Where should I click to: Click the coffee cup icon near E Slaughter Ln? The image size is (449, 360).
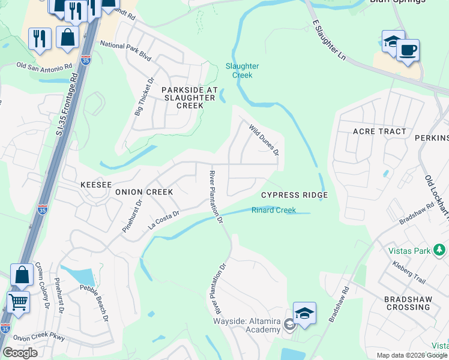tap(408, 50)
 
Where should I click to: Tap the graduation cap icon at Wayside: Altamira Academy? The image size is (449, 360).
tap(304, 313)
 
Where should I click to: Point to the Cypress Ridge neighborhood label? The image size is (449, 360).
tap(294, 196)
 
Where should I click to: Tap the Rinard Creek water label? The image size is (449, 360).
tap(274, 210)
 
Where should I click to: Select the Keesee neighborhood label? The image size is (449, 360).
tap(96, 185)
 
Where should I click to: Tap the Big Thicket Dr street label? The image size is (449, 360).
tap(144, 96)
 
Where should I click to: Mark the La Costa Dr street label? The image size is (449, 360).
tap(164, 220)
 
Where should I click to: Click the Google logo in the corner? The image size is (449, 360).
tap(20, 353)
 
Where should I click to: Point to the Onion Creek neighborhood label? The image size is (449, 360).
tap(144, 192)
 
